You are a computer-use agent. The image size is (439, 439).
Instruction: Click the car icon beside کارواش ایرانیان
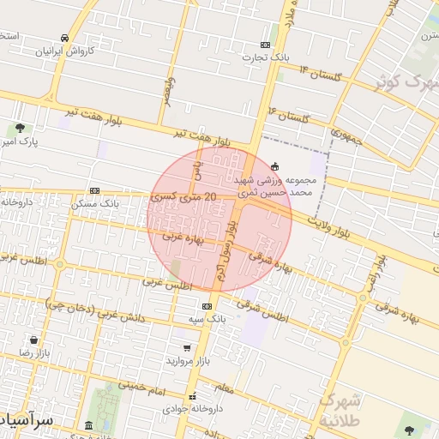click(x=65, y=38)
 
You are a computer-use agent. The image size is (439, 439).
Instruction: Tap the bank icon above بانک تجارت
click(x=265, y=45)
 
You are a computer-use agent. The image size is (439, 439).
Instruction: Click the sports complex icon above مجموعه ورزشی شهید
click(x=274, y=165)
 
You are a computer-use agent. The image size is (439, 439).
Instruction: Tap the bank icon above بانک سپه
click(x=207, y=306)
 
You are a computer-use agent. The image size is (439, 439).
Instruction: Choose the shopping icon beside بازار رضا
click(x=33, y=340)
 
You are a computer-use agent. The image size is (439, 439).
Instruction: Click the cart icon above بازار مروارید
click(x=187, y=348)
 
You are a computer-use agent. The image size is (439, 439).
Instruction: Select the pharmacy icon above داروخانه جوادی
click(x=193, y=396)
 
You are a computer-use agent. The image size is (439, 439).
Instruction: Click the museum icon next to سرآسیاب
click(x=89, y=425)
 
